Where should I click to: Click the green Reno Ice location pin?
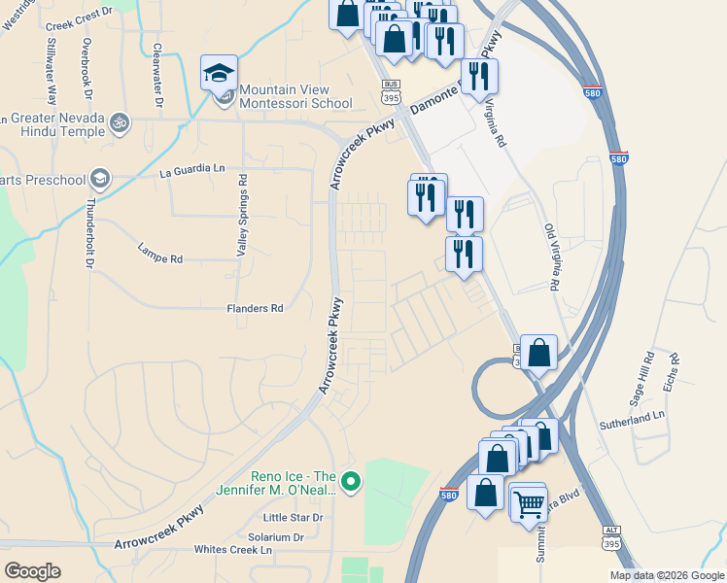[353, 481]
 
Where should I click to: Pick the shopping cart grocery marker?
[528, 503]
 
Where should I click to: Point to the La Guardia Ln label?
[191, 169]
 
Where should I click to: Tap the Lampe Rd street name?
[160, 259]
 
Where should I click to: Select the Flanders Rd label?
[255, 308]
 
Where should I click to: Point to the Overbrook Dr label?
[87, 69]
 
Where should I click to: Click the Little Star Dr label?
[293, 518]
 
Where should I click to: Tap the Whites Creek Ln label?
[233, 550]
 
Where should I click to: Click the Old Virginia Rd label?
[553, 258]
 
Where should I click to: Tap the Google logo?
[32, 570]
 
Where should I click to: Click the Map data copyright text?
[667, 575]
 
